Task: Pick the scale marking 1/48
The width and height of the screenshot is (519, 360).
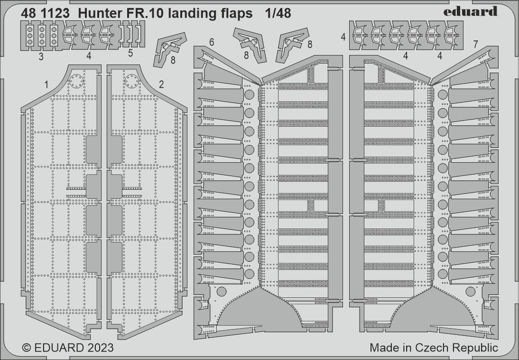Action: pyautogui.click(x=278, y=14)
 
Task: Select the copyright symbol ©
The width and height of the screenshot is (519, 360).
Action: pyautogui.click(x=26, y=348)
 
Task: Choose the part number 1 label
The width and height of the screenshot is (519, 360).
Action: pyautogui.click(x=46, y=84)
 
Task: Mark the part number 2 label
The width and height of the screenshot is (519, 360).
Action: pyautogui.click(x=161, y=84)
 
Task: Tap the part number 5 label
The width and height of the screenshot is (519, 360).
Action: pyautogui.click(x=130, y=54)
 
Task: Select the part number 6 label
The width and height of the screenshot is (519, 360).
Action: pyautogui.click(x=212, y=42)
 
